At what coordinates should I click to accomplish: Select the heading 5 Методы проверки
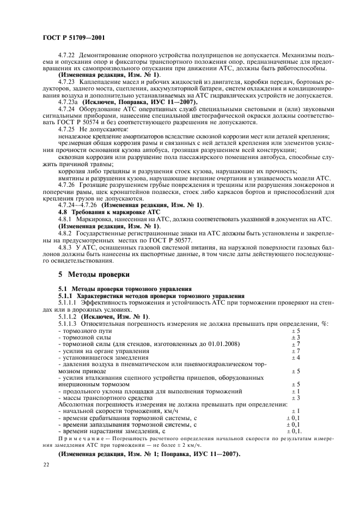[x=94, y=274]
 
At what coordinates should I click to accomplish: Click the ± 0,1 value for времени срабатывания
[x=294, y=417]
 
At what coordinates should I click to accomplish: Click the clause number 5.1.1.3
[x=69, y=324]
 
